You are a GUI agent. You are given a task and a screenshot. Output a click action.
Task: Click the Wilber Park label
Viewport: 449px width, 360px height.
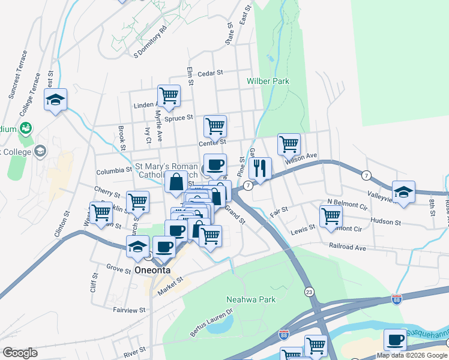(x=268, y=81)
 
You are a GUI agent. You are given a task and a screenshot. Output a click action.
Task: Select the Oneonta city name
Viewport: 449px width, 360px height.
(x=152, y=270)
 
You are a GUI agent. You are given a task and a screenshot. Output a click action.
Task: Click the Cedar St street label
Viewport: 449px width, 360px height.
(x=210, y=73)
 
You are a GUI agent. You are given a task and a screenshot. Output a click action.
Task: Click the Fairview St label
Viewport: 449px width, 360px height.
(x=129, y=310)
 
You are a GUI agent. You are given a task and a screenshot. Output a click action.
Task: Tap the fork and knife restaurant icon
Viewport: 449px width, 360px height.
(x=260, y=167)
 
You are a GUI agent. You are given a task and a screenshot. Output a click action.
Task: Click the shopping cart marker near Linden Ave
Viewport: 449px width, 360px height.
(x=169, y=95)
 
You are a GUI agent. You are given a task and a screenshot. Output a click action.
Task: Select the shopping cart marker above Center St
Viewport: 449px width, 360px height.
(x=215, y=125)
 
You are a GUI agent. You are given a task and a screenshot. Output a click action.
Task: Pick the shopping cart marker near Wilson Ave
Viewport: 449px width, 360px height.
(x=289, y=143)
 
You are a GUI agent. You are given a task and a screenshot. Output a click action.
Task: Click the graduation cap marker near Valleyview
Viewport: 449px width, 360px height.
(x=403, y=191)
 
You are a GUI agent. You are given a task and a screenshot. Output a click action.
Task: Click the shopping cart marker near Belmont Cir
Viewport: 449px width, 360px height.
(x=330, y=216)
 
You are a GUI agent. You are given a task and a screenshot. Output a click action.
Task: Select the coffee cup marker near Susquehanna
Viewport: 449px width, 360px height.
(x=394, y=339)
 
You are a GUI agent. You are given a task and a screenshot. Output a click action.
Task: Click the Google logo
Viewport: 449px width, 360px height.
(x=20, y=353)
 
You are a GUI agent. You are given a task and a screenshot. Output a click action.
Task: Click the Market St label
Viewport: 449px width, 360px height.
(x=170, y=285)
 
